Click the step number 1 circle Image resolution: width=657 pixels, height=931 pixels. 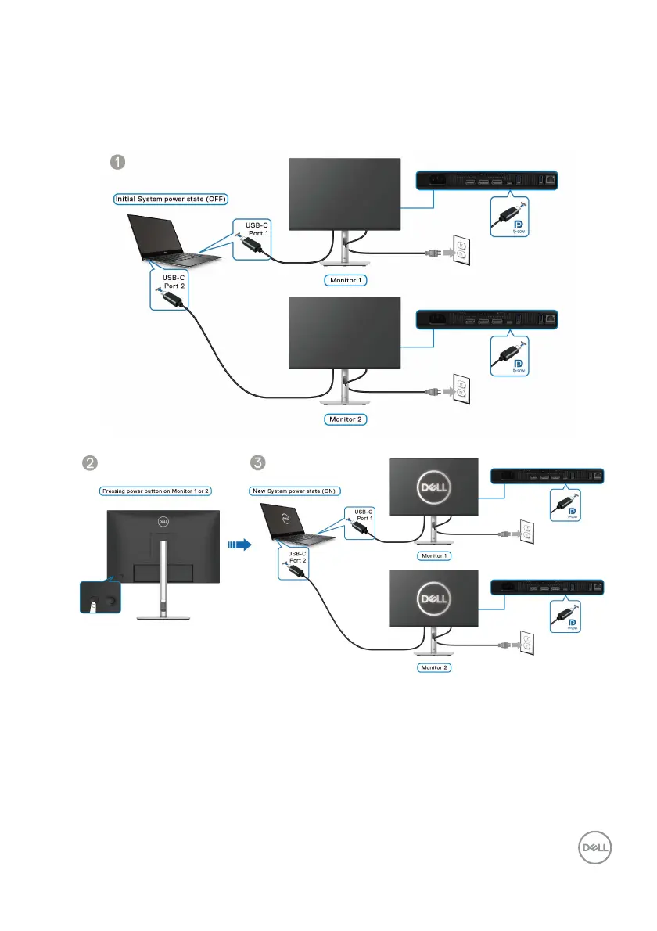(117, 163)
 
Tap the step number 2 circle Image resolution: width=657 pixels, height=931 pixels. (91, 463)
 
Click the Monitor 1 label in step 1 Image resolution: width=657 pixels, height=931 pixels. (344, 279)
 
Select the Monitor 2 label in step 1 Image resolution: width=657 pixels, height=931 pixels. (345, 419)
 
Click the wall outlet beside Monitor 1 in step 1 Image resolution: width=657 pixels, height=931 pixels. (461, 251)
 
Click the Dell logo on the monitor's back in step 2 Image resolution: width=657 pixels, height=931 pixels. (163, 520)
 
